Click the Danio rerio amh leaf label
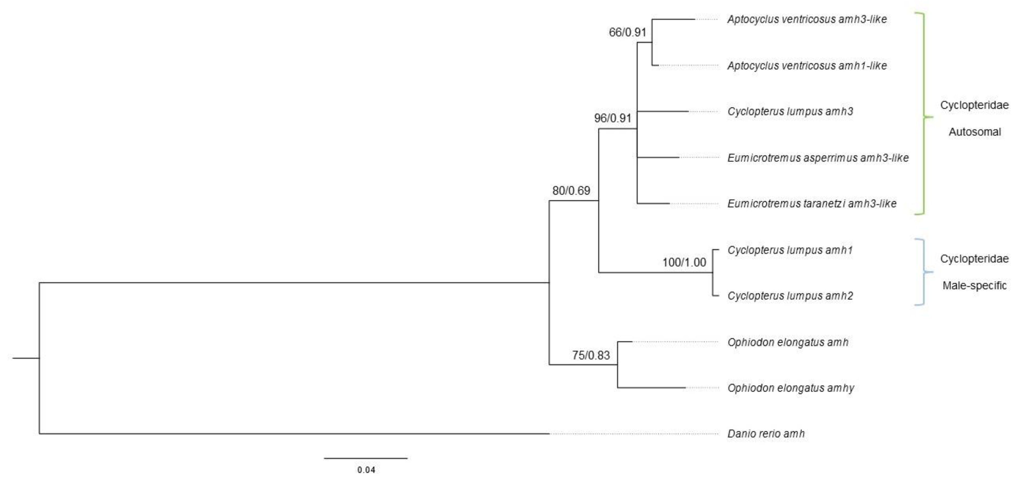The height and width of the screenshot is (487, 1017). (766, 434)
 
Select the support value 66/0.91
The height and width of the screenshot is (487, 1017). (627, 32)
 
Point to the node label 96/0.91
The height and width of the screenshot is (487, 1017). (613, 118)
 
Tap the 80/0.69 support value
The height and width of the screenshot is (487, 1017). (571, 191)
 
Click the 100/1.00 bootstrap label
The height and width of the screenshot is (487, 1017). (684, 262)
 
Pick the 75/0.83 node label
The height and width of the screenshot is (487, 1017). (591, 355)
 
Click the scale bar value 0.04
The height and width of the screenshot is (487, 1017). (366, 470)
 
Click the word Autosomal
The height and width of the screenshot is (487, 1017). (974, 132)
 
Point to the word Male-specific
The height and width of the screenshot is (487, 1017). (974, 285)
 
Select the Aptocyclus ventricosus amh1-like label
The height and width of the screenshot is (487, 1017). (807, 66)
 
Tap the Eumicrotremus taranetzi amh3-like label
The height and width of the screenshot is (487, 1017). (812, 203)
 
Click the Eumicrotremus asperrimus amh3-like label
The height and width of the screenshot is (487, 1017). (818, 158)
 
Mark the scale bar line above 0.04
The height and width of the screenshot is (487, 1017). (366, 458)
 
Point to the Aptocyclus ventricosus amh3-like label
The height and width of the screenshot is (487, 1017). (807, 19)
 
